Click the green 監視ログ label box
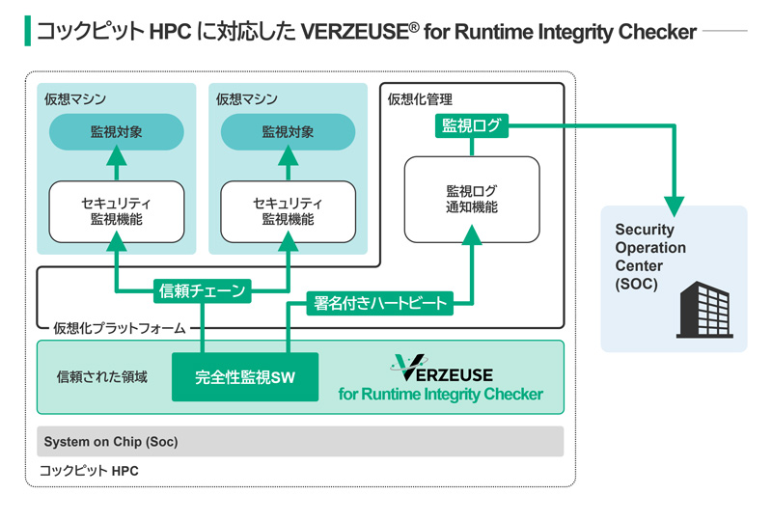pyautogui.click(x=471, y=124)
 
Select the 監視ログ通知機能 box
pyautogui.click(x=471, y=200)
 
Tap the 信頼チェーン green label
pyautogui.click(x=203, y=289)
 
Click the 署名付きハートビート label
pyautogui.click(x=381, y=303)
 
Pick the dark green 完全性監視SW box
pyautogui.click(x=244, y=376)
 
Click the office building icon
pyautogui.click(x=703, y=309)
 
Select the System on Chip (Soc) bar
pyautogui.click(x=299, y=442)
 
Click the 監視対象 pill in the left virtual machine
pyautogui.click(x=116, y=132)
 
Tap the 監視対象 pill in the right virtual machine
pyautogui.click(x=288, y=132)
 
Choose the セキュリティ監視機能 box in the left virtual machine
pyautogui.click(x=116, y=211)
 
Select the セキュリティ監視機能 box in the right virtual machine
pyautogui.click(x=288, y=211)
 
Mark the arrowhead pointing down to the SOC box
pyautogui.click(x=674, y=206)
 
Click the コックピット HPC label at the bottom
pyautogui.click(x=89, y=472)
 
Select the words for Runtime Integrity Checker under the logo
pyautogui.click(x=440, y=394)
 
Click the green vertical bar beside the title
pyautogui.click(x=28, y=31)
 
